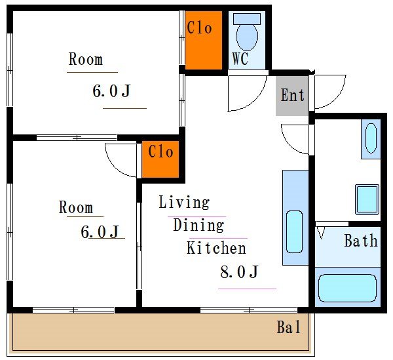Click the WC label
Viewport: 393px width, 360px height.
click(x=240, y=58)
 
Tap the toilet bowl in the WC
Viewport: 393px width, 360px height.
click(x=247, y=37)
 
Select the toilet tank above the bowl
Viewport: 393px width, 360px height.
click(x=247, y=18)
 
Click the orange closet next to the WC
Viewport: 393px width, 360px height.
click(x=204, y=40)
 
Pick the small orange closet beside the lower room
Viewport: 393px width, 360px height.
click(x=160, y=159)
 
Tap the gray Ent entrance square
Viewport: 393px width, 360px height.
click(x=292, y=96)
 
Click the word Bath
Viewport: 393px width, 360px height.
click(x=361, y=241)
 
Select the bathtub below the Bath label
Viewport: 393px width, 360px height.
click(x=347, y=288)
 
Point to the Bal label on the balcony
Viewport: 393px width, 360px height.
click(x=288, y=327)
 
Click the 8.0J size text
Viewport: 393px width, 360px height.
click(x=239, y=271)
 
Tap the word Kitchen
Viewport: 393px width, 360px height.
click(x=216, y=248)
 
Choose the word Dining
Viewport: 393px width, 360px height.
click(x=198, y=225)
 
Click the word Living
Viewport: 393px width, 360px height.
click(x=184, y=202)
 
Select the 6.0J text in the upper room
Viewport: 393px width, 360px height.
click(x=111, y=90)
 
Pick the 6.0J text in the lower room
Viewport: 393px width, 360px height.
click(x=100, y=231)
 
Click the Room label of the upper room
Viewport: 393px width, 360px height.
click(x=86, y=59)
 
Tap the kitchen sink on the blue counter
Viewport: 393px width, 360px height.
click(x=294, y=231)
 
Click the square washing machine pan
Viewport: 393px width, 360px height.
click(x=367, y=200)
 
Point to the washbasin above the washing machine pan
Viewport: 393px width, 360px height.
click(x=371, y=138)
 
